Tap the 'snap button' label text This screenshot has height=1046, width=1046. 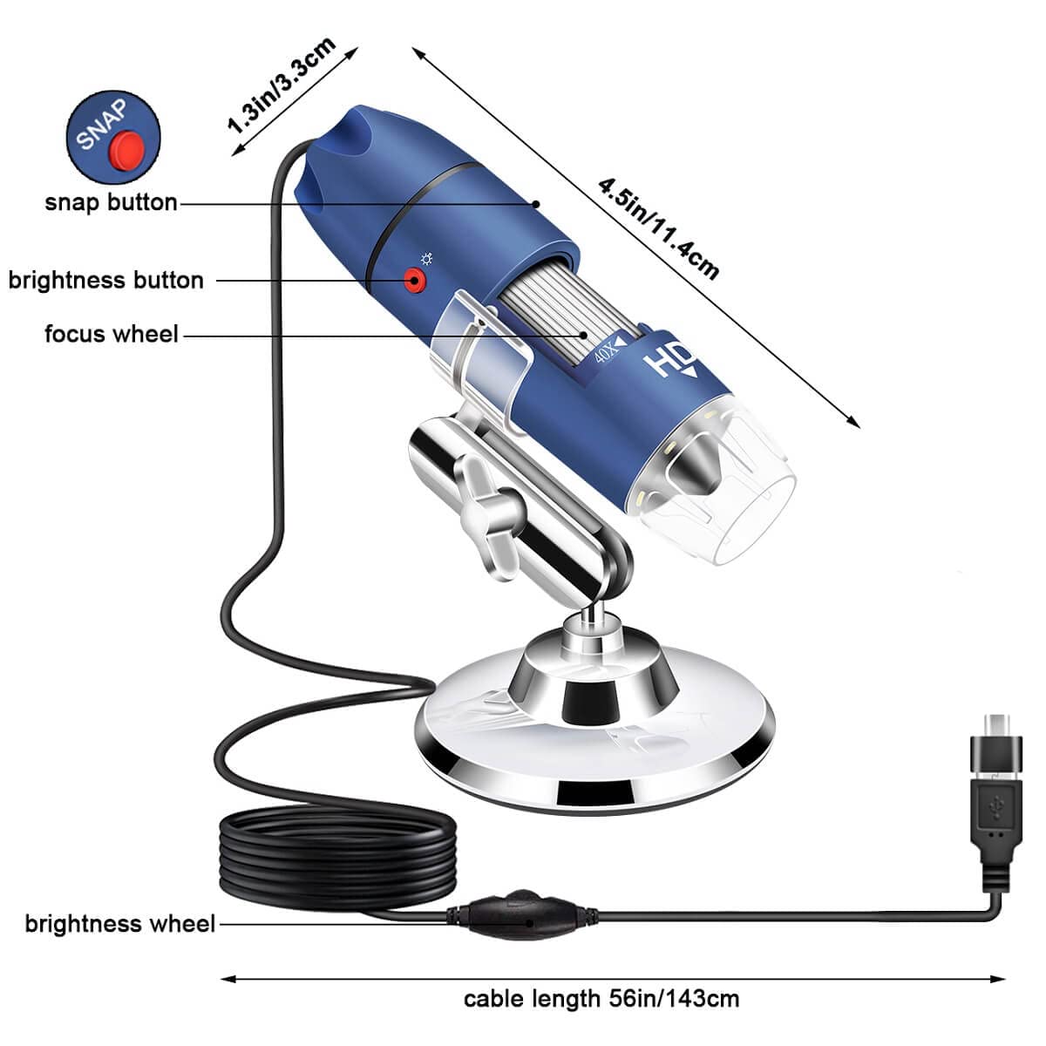click(x=111, y=202)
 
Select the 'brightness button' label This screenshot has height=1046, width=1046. click(x=105, y=280)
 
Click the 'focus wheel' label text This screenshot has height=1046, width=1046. click(x=111, y=334)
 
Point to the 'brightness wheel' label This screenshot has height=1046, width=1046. click(x=119, y=923)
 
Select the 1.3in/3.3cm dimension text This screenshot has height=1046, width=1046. click(x=281, y=85)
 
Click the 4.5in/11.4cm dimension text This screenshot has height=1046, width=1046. click(x=659, y=228)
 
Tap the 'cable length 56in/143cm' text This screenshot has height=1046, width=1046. click(x=601, y=998)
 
